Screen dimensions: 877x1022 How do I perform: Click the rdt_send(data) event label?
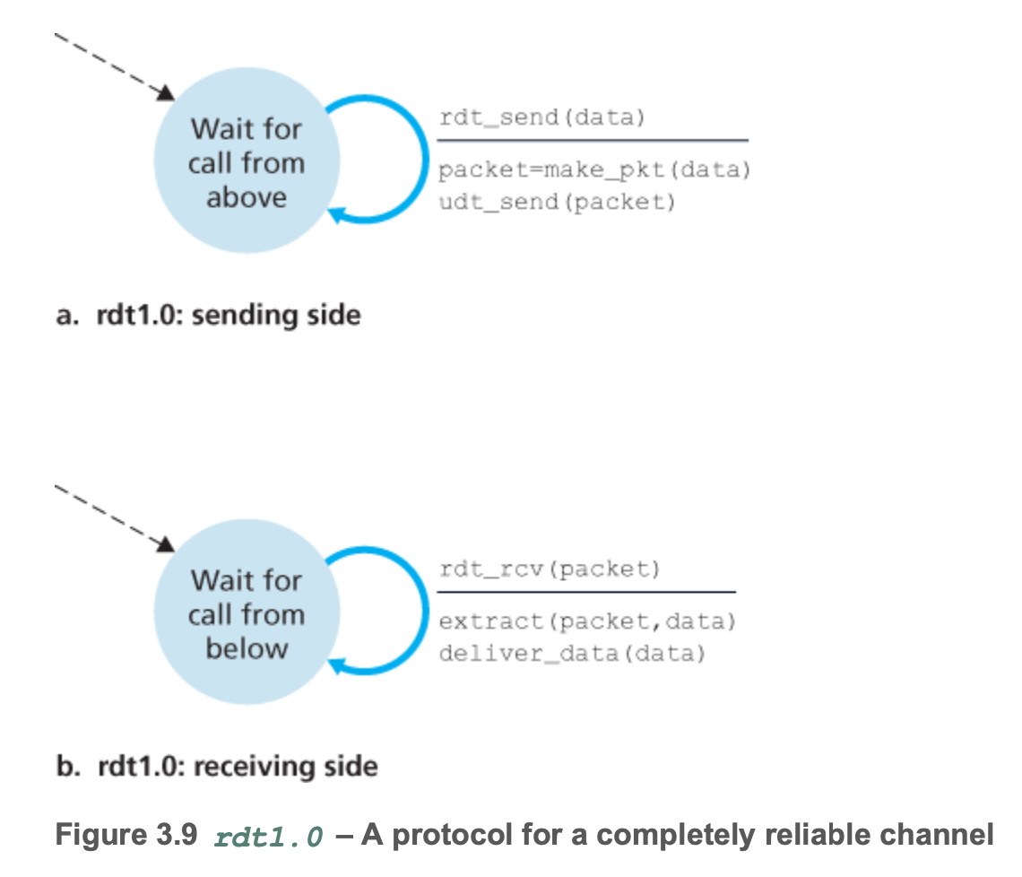coord(541,118)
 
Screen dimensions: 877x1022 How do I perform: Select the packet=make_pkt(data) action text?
coord(593,170)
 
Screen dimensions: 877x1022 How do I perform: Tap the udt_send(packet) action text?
coord(556,202)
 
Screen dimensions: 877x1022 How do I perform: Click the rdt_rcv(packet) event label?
coord(550,569)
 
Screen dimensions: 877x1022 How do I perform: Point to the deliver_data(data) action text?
coord(572,653)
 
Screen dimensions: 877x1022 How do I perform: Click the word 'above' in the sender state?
coord(247,197)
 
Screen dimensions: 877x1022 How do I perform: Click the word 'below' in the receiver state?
coord(247,648)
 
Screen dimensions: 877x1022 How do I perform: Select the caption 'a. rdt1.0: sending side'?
coord(208,316)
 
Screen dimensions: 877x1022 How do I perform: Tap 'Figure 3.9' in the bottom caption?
coord(126,835)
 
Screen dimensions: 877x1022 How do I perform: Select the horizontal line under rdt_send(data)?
coord(592,141)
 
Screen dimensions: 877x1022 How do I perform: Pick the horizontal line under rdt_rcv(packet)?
coord(586,592)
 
